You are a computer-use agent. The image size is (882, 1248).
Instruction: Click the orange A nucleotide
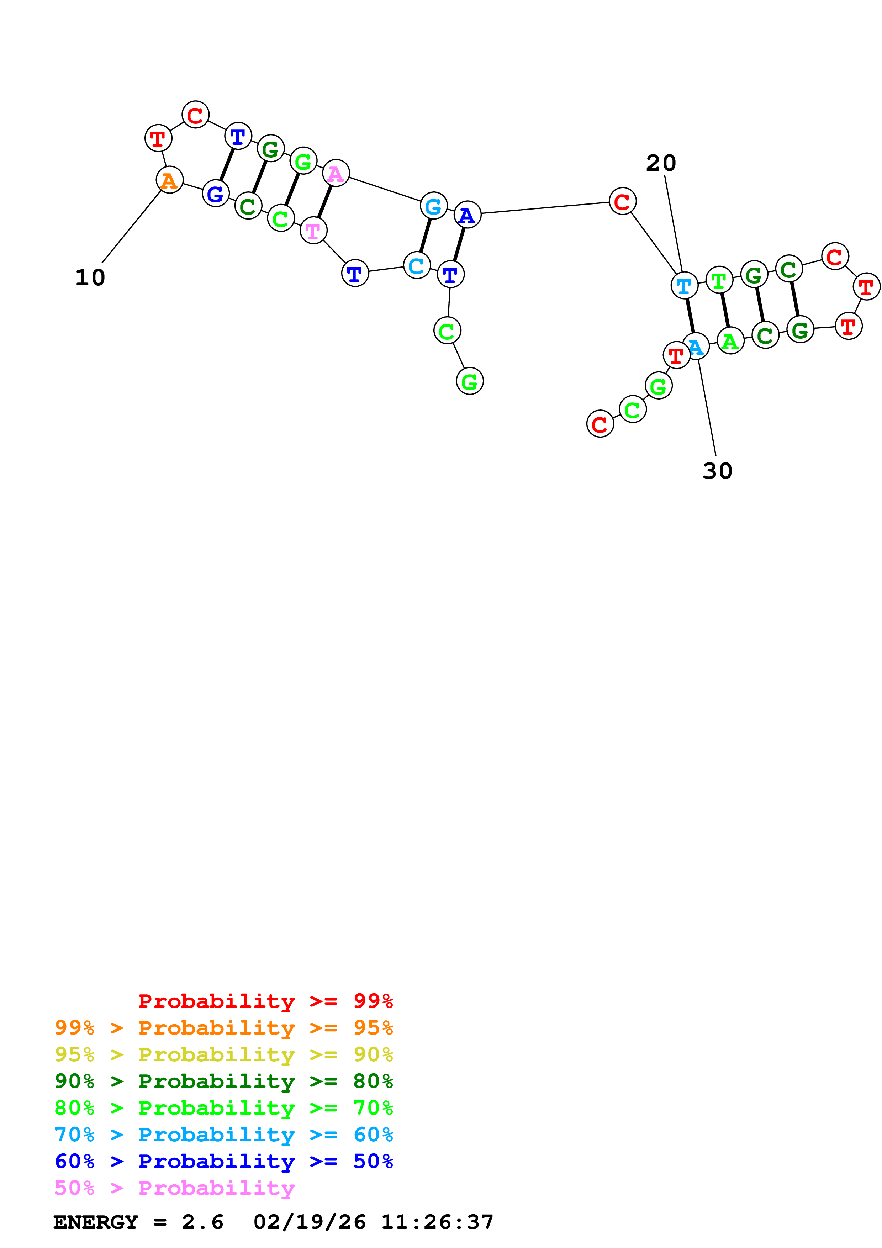170,180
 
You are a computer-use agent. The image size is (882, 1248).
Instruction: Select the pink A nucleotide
336,173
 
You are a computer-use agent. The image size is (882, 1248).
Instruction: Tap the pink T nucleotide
313,231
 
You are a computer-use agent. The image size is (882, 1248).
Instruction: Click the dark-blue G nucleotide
216,194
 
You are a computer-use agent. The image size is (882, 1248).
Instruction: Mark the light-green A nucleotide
730,341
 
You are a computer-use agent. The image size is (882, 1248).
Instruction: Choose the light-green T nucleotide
719,280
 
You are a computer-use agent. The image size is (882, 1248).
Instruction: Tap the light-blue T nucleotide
684,285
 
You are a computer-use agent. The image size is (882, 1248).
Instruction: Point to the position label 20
661,163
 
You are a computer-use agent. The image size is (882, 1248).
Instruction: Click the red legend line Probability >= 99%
265,1001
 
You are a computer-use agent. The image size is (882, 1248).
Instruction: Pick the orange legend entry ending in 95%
224,1028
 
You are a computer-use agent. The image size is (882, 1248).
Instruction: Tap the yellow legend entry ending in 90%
224,1054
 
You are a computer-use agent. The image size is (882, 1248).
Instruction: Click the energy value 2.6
202,1222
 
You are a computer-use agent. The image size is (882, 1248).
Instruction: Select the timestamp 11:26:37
437,1222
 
